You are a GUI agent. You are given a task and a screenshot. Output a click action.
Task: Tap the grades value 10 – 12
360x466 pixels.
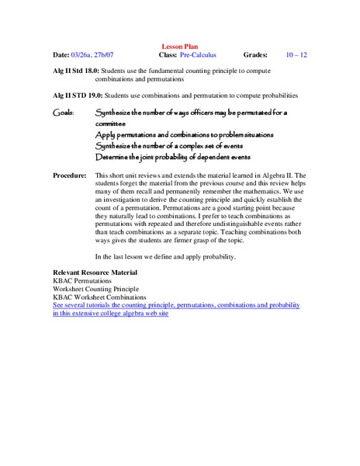pos(296,56)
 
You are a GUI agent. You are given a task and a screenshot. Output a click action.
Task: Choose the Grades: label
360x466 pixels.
pos(254,56)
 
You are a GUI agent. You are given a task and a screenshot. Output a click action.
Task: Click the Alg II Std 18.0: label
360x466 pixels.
pos(76,71)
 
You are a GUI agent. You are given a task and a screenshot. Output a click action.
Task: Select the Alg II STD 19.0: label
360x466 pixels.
pos(77,95)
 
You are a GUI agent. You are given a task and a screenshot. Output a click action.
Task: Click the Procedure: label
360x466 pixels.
pos(69,176)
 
